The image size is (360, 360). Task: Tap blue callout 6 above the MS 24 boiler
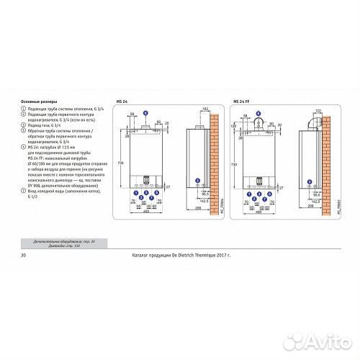pyautogui.click(x=145, y=114)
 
